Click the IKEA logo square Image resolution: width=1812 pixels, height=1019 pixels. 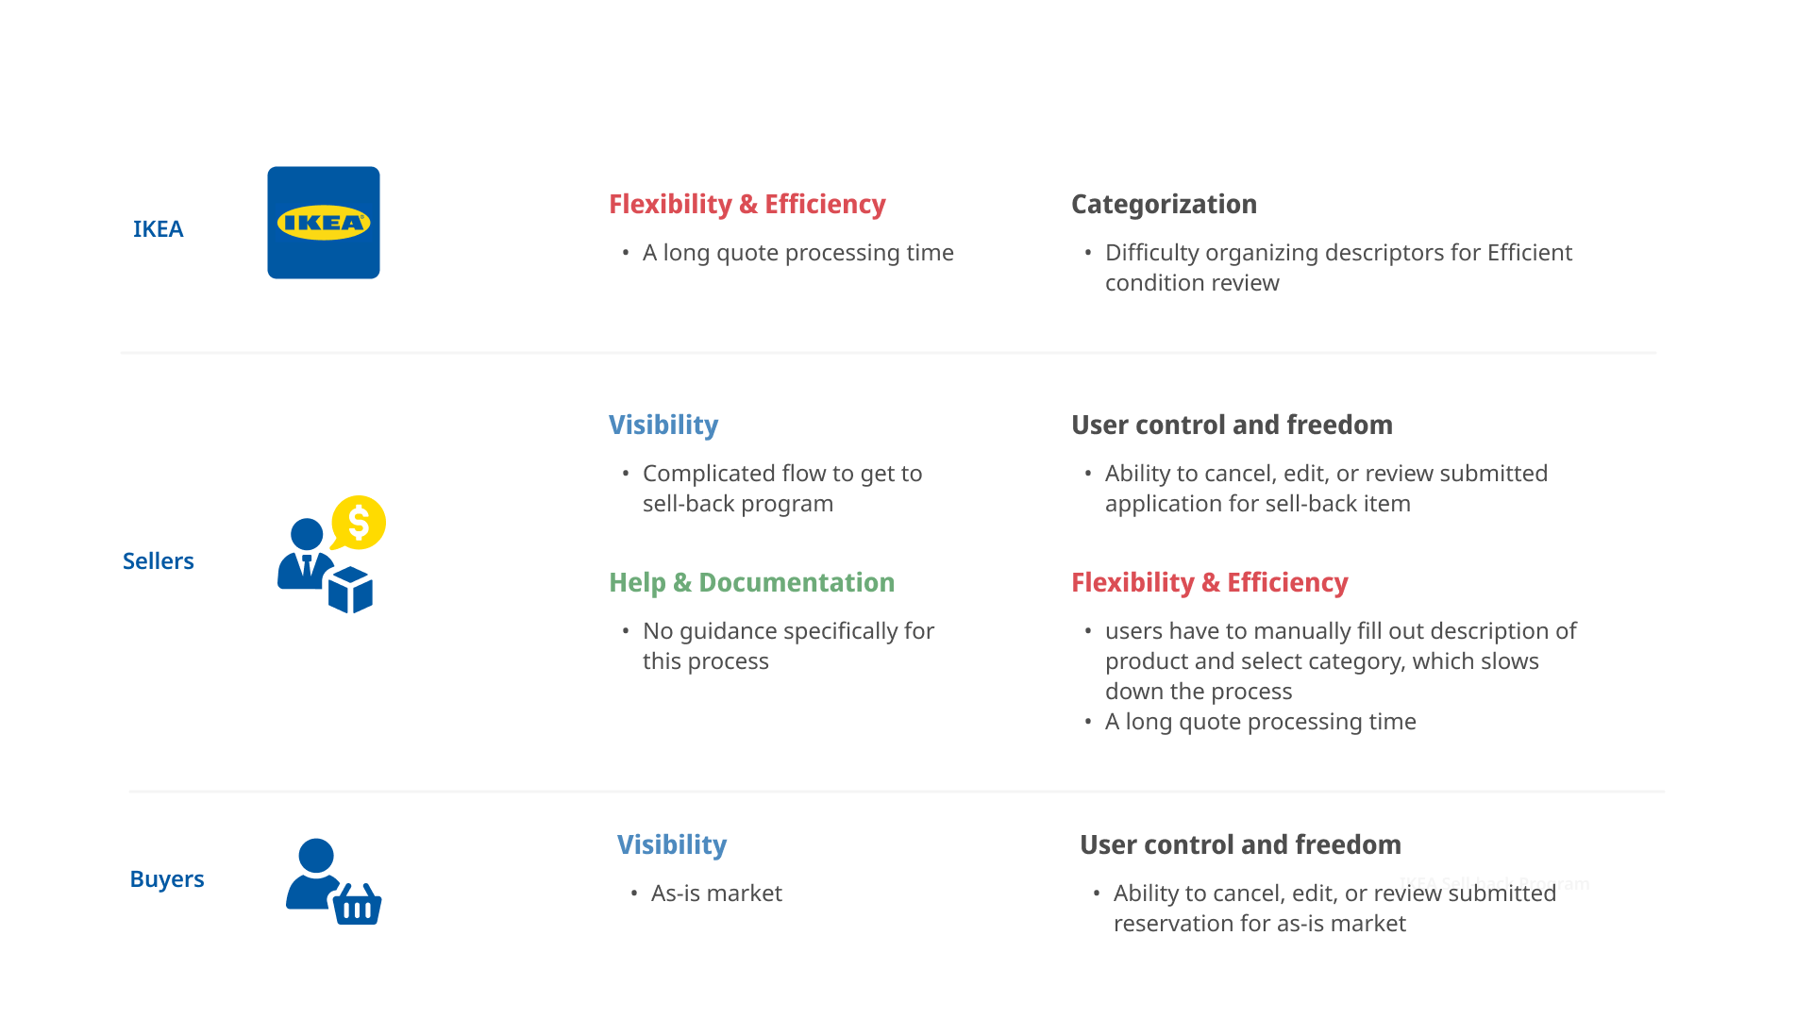pyautogui.click(x=324, y=223)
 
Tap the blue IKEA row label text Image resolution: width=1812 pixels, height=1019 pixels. pyautogui.click(x=158, y=229)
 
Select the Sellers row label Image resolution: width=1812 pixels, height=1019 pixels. pyautogui.click(x=158, y=561)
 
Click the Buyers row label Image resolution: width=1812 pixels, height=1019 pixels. pyautogui.click(x=167, y=879)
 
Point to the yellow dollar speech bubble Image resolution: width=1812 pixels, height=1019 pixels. pyautogui.click(x=359, y=522)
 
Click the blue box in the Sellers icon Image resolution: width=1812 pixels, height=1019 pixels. pyautogui.click(x=350, y=590)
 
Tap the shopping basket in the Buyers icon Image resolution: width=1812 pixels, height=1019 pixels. pyautogui.click(x=357, y=905)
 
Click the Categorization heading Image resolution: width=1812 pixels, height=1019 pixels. pyautogui.click(x=1164, y=205)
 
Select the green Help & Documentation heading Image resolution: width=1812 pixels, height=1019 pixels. pyautogui.click(x=751, y=583)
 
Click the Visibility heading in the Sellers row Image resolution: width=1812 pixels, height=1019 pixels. pyautogui.click(x=663, y=426)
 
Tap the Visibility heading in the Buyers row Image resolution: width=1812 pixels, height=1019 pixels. pyautogui.click(x=672, y=845)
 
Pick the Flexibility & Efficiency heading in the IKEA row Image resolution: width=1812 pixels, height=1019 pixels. pyautogui.click(x=747, y=205)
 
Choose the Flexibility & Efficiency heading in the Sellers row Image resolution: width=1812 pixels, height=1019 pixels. pyautogui.click(x=1209, y=583)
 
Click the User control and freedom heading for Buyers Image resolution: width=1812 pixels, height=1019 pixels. pyautogui.click(x=1240, y=845)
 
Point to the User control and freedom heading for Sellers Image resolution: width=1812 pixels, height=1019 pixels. pyautogui.click(x=1232, y=426)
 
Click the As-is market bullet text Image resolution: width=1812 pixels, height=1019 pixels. pyautogui.click(x=716, y=894)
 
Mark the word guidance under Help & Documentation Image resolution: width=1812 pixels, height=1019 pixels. pyautogui.click(x=723, y=632)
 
